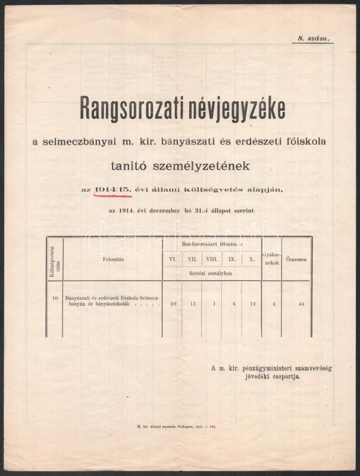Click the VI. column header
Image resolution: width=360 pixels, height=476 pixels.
(x=173, y=259)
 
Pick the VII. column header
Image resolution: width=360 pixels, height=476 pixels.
(x=192, y=259)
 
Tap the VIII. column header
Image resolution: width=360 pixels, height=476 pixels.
(x=212, y=259)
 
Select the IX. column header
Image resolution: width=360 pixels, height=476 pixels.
(x=232, y=259)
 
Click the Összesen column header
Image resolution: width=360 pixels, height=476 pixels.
(x=296, y=259)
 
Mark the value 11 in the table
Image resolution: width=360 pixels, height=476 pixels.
(x=192, y=304)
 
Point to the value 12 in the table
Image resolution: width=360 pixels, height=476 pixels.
(x=251, y=304)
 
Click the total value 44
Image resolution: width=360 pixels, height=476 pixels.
(x=302, y=304)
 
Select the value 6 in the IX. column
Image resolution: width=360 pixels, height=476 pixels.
(x=232, y=304)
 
